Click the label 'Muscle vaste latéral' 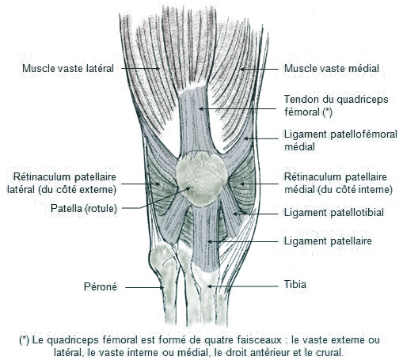[x=68, y=69]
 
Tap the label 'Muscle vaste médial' [x=332, y=69]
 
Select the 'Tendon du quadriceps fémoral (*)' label [x=336, y=106]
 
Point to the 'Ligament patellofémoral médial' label [x=340, y=140]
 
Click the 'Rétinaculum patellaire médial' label [x=338, y=184]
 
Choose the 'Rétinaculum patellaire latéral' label [x=62, y=184]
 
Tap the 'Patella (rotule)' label [x=84, y=209]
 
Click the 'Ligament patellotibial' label [x=334, y=213]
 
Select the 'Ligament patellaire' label [x=328, y=241]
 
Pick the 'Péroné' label [x=101, y=286]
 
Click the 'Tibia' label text [x=295, y=285]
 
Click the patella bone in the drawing [x=202, y=179]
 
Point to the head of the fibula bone [x=162, y=260]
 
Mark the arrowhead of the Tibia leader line [x=209, y=286]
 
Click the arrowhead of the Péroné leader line [x=162, y=287]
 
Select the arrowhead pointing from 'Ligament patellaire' [x=209, y=241]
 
